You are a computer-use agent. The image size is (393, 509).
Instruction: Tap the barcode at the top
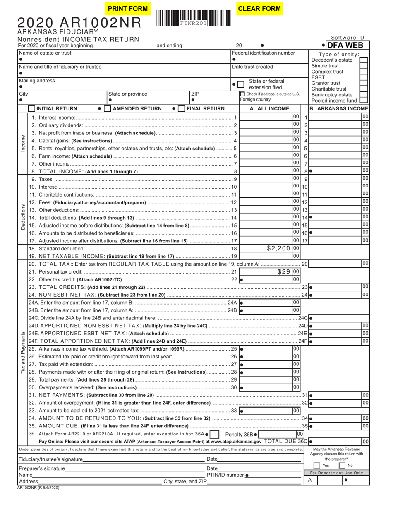click(x=194, y=19)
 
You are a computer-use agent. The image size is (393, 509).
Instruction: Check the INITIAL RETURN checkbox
click(x=32, y=108)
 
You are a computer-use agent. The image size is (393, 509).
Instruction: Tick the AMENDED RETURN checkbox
click(x=108, y=108)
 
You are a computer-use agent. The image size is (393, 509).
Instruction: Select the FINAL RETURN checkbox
click(x=181, y=108)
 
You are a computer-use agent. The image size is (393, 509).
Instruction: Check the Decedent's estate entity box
click(x=364, y=60)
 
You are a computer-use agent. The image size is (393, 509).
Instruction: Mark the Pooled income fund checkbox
click(x=364, y=101)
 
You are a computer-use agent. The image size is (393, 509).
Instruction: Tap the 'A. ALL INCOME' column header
click(x=269, y=109)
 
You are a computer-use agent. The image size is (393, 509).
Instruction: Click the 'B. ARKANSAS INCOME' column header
click(x=339, y=109)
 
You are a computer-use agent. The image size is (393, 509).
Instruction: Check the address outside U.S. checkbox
click(x=242, y=94)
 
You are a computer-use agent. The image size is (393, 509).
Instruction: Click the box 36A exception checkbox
click(x=215, y=435)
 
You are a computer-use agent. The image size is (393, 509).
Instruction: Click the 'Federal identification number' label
click(x=264, y=53)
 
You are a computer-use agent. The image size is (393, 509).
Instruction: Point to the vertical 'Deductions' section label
click(x=23, y=216)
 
